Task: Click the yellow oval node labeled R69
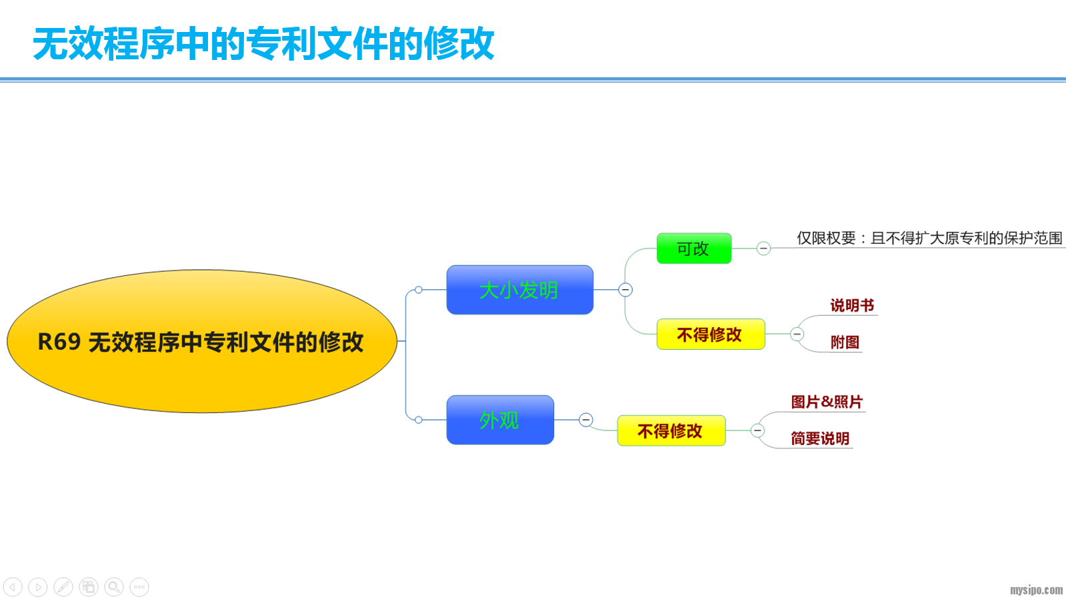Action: tap(201, 341)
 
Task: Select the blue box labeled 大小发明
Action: tap(519, 290)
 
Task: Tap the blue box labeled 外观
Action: tap(500, 420)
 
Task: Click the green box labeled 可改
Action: tap(693, 249)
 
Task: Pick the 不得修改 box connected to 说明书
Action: tap(710, 334)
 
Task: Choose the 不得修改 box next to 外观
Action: tap(671, 431)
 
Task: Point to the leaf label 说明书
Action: tap(852, 305)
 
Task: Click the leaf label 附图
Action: tap(845, 342)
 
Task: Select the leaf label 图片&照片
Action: tap(827, 402)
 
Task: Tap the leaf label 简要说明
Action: tap(820, 438)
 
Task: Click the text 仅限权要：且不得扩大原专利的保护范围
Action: tap(929, 238)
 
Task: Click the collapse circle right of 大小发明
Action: tap(625, 290)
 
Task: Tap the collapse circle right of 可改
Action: tap(764, 249)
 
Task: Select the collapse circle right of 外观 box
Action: tap(586, 420)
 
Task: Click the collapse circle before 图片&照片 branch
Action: tap(757, 430)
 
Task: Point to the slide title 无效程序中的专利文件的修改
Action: tap(264, 44)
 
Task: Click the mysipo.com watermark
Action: tap(1036, 590)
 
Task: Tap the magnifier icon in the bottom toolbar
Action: tap(114, 587)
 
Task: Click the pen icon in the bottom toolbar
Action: tap(63, 587)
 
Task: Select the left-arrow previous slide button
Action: tap(13, 587)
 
